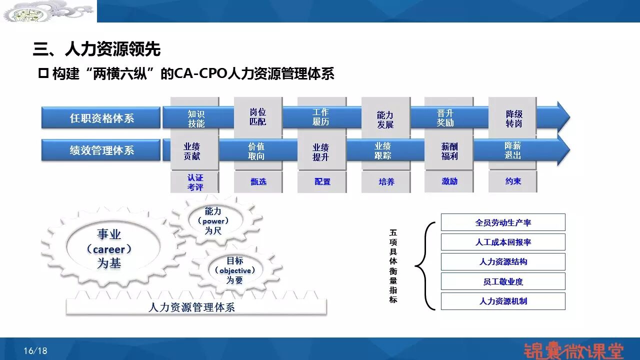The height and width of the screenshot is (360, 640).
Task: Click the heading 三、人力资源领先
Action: point(96,49)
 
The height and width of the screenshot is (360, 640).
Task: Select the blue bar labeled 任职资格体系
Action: point(101,118)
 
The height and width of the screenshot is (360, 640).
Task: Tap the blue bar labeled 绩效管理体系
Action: point(101,150)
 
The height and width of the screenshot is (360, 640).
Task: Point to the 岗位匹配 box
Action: point(258,116)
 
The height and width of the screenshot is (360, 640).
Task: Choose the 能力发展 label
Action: point(385,120)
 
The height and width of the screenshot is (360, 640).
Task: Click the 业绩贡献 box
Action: point(192,151)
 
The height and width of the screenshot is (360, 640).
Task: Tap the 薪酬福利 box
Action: point(449,151)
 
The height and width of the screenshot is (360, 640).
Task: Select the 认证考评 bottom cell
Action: point(195,182)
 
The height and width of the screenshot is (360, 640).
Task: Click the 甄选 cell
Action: point(258,182)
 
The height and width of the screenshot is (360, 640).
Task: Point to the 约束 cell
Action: point(513,181)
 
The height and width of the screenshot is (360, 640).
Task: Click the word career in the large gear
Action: point(109,249)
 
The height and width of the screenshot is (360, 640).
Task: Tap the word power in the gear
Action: point(213,221)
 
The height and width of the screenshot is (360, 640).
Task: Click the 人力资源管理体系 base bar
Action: point(196,307)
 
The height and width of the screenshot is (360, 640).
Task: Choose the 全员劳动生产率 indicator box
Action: point(503,222)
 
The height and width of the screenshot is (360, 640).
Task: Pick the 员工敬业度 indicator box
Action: point(503,281)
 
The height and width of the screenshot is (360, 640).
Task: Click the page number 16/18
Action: point(35,351)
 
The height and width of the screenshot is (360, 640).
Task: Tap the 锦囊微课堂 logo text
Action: point(573,349)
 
